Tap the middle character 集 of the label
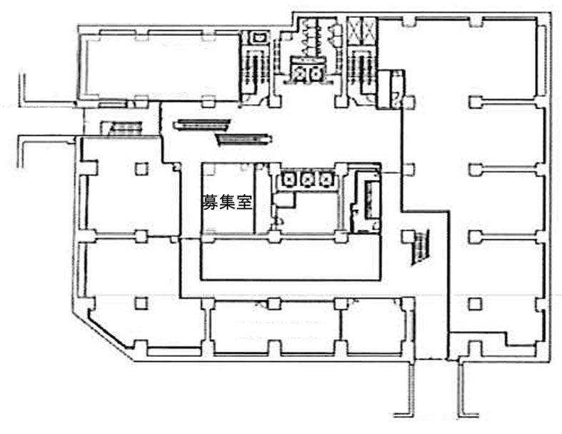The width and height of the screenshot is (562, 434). [226, 202]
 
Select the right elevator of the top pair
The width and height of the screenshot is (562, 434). [316, 73]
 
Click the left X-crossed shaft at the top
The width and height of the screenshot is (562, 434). [354, 30]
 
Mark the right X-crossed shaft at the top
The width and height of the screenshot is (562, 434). [368, 30]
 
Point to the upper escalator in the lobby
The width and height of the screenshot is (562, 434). [202, 125]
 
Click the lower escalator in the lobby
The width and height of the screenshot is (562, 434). [244, 139]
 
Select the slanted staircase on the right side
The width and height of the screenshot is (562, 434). [421, 248]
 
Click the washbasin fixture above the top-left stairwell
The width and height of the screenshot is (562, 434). [259, 36]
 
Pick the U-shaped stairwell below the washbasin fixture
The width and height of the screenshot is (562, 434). [254, 71]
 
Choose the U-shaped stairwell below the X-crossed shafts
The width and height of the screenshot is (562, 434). [361, 71]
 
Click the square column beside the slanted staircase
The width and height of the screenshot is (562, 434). [408, 236]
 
